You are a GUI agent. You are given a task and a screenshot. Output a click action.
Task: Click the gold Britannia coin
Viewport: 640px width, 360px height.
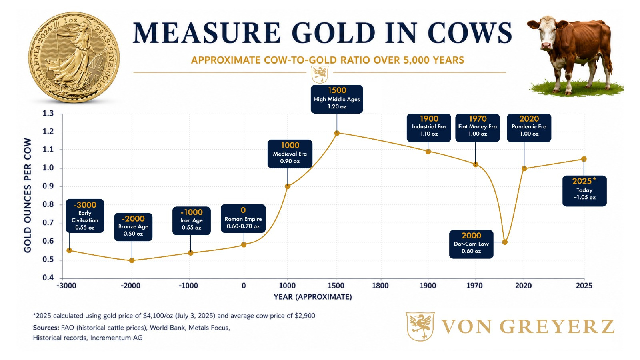click(x=74, y=58)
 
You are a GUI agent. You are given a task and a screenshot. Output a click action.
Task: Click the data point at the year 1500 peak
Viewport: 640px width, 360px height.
click(x=337, y=133)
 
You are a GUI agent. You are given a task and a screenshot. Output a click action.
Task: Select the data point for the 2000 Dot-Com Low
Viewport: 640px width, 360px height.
click(x=505, y=242)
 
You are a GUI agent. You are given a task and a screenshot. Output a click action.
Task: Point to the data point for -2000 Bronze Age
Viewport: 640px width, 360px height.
click(x=132, y=260)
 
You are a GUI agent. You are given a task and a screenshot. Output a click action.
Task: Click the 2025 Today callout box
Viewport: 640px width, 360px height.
click(x=584, y=191)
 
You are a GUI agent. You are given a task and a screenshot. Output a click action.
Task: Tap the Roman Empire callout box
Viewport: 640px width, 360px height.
click(x=243, y=218)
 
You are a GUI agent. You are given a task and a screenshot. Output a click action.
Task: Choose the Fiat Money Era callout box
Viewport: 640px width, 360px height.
click(x=478, y=128)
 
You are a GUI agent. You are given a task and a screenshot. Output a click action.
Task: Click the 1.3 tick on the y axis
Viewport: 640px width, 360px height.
click(x=48, y=114)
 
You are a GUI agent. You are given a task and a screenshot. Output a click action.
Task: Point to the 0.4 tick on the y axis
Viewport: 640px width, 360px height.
click(x=48, y=278)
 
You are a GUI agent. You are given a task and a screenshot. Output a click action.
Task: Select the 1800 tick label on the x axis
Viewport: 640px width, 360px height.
click(x=380, y=286)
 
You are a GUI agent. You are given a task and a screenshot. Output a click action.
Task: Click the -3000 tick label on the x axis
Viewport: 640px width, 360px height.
click(x=66, y=286)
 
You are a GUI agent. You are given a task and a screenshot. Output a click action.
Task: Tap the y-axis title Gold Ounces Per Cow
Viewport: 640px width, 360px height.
click(x=28, y=196)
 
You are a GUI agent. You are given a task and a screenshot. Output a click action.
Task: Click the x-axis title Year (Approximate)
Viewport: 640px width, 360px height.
click(x=313, y=297)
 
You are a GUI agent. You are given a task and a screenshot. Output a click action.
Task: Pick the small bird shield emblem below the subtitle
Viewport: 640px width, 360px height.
click(x=320, y=74)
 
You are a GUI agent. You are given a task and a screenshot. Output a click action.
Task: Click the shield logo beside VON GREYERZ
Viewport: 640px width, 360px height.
click(x=420, y=326)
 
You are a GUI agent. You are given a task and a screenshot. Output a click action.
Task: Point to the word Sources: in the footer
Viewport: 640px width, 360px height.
click(x=46, y=328)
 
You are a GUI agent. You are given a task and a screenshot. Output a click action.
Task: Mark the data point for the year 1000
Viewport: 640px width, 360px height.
click(x=288, y=186)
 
